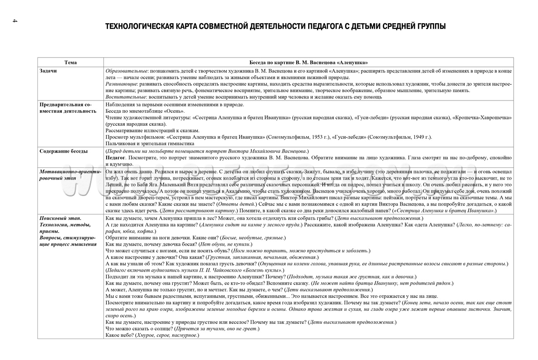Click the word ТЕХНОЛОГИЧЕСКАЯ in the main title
point(139,26)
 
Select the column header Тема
point(71,62)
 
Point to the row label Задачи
point(48,71)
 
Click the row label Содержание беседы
point(63,151)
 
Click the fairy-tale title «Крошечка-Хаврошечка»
point(482,118)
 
